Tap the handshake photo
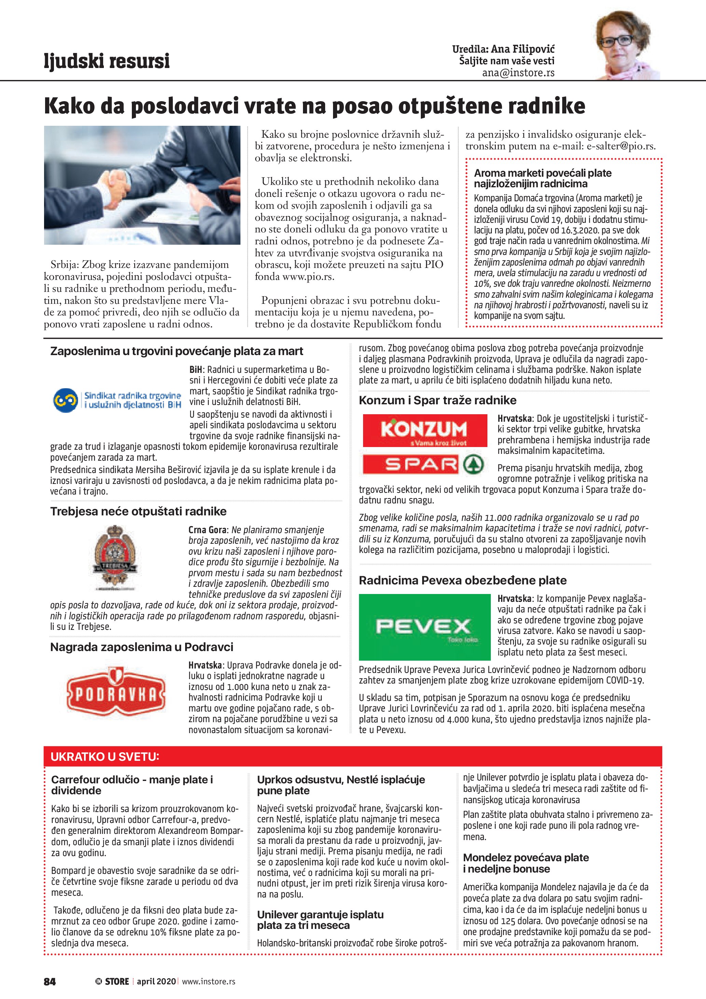[142, 185]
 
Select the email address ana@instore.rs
[518, 73]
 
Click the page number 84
[50, 981]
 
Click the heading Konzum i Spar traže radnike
[437, 400]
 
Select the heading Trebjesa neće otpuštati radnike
[138, 511]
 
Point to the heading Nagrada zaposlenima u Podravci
[142, 647]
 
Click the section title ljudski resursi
[107, 61]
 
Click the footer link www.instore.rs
[208, 981]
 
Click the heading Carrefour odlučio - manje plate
[132, 780]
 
